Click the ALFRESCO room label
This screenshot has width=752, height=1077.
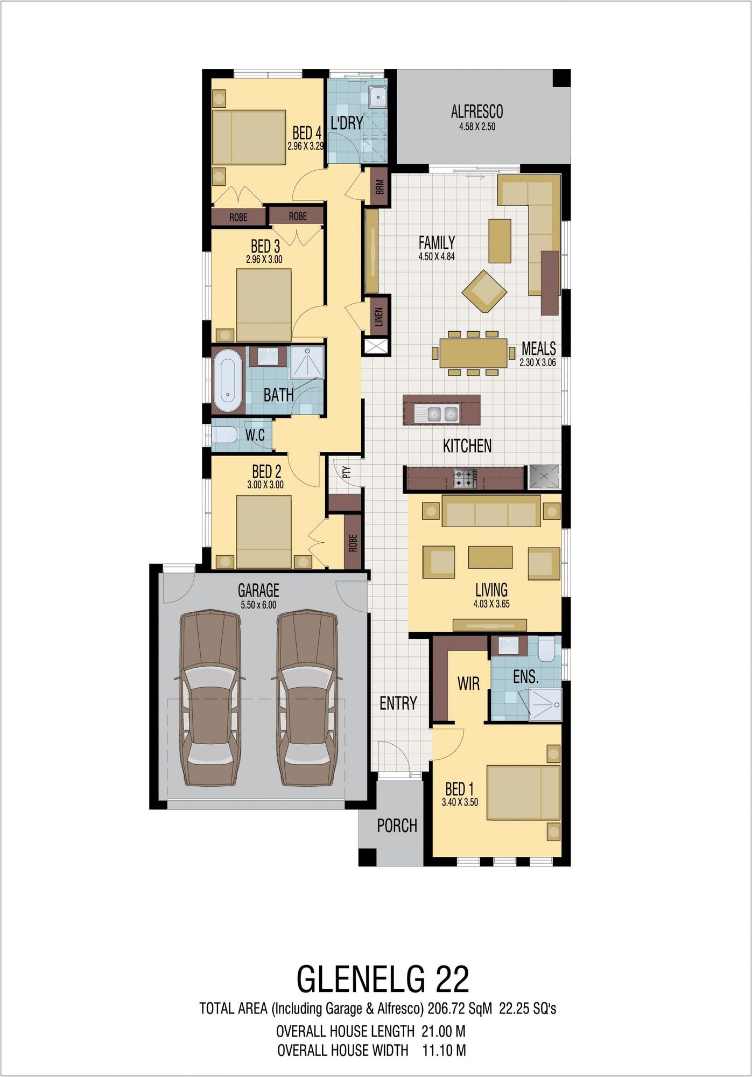click(x=476, y=111)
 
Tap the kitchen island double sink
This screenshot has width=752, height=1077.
click(x=442, y=414)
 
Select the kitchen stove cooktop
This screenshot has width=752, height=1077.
click(x=465, y=479)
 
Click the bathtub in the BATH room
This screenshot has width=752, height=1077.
click(x=229, y=381)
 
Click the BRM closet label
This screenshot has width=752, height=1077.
click(x=380, y=187)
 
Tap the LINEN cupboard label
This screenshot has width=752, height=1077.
click(x=378, y=317)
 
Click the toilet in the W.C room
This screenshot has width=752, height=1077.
click(x=225, y=435)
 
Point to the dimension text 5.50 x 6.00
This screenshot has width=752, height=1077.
click(x=258, y=605)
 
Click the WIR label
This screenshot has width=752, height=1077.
click(x=468, y=684)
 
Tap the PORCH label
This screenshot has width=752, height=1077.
click(x=397, y=826)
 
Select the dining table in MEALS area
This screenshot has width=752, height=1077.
click(x=473, y=353)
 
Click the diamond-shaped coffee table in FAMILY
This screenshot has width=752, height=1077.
click(x=484, y=291)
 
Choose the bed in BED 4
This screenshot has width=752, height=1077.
click(x=249, y=137)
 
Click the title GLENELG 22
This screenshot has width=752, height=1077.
click(x=383, y=978)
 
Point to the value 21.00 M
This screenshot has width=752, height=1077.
click(x=443, y=1031)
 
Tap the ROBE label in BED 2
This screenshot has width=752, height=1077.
click(x=353, y=543)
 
